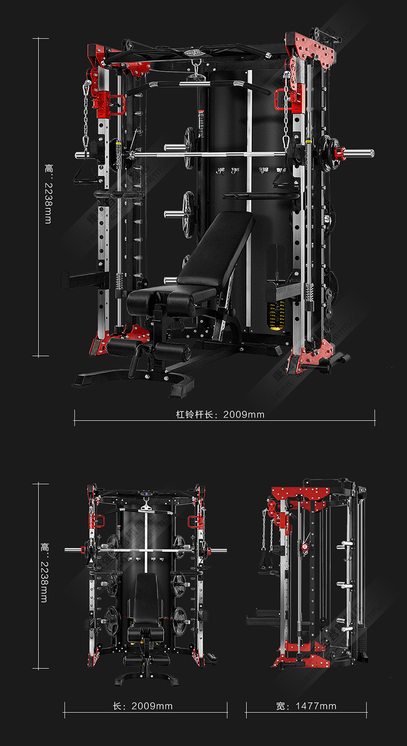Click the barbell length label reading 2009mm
tap(220, 415)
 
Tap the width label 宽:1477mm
tap(306, 706)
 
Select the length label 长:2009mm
tap(143, 706)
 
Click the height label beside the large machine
tap(48, 195)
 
